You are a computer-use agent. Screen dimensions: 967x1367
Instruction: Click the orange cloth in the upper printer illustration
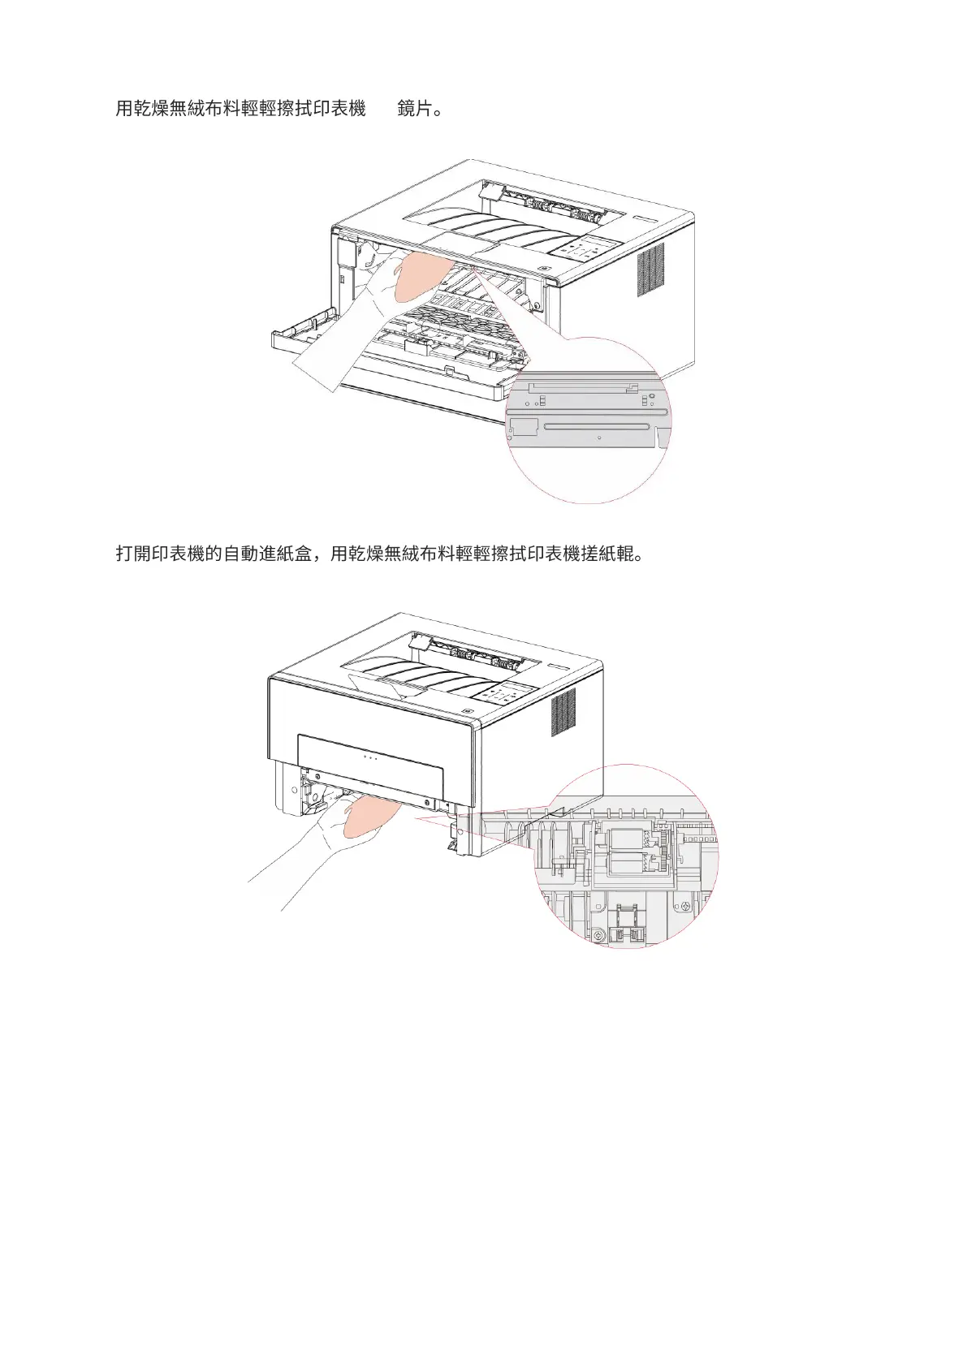[419, 276]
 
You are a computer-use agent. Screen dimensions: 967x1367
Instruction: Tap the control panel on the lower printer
[503, 694]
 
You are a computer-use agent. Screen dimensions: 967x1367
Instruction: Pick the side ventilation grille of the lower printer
[563, 711]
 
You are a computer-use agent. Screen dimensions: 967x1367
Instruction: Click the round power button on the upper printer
[542, 270]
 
